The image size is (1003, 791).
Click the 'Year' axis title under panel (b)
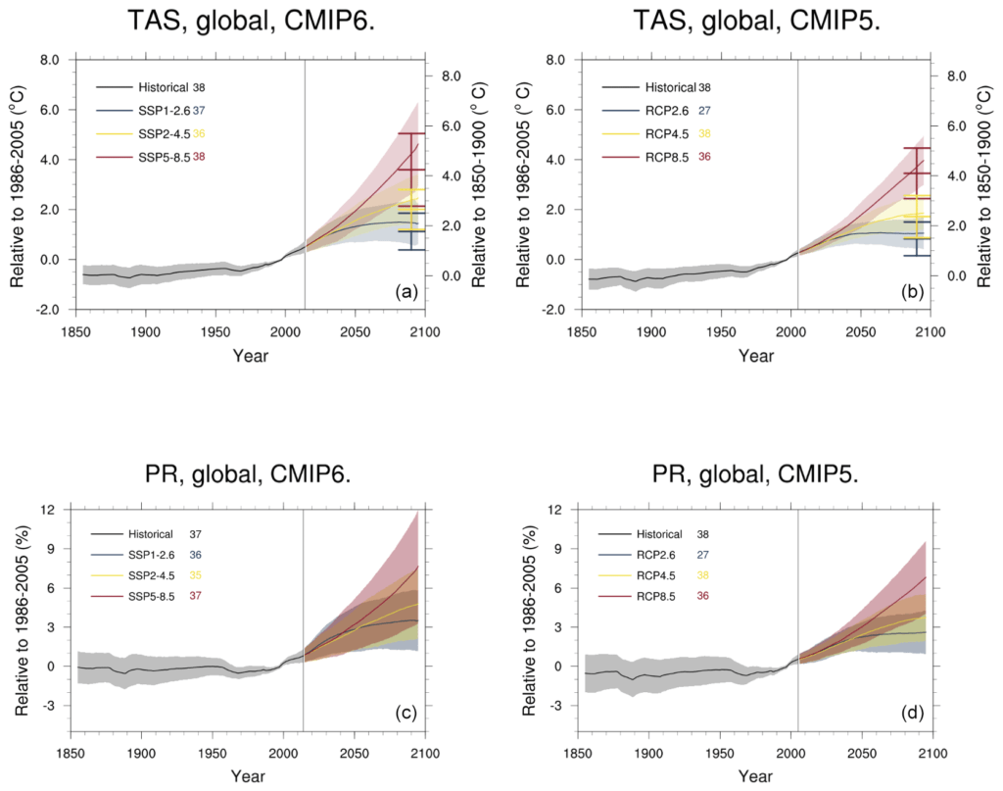756,357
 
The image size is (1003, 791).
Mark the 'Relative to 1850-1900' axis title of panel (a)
479,185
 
